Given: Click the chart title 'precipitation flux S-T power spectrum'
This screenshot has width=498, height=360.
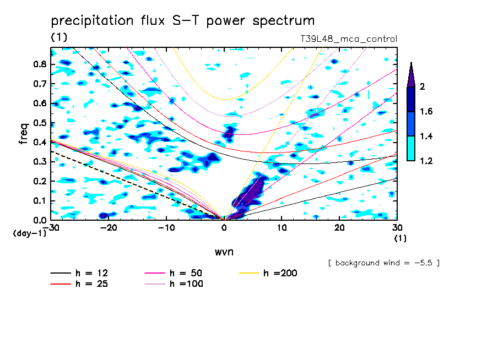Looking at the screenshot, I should coord(183,21).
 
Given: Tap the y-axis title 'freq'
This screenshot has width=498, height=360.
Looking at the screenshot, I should coord(23,134).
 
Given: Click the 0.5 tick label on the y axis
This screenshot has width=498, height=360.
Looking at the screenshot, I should coord(39,123).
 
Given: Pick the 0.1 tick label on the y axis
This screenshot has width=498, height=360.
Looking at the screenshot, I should coord(39,201).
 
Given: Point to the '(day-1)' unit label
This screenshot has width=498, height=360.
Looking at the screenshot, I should coord(29,233).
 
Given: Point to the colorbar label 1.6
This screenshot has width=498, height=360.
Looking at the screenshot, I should coord(426,112).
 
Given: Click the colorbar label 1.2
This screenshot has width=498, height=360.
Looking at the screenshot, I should coord(426,161).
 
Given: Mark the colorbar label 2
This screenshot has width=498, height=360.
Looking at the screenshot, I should coord(422,87).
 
